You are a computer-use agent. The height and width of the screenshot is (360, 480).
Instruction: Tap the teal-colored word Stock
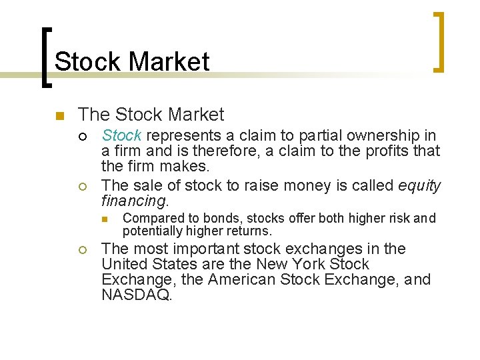pos(121,135)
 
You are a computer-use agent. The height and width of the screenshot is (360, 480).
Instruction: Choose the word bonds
pos(229,218)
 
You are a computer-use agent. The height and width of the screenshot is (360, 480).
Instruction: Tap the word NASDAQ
pos(137,295)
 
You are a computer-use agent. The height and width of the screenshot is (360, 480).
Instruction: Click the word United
pos(125,264)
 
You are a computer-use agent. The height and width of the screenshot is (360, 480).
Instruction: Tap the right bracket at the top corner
pos(437,41)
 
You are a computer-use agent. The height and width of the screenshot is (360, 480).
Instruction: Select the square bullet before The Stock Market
pos(59,116)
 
